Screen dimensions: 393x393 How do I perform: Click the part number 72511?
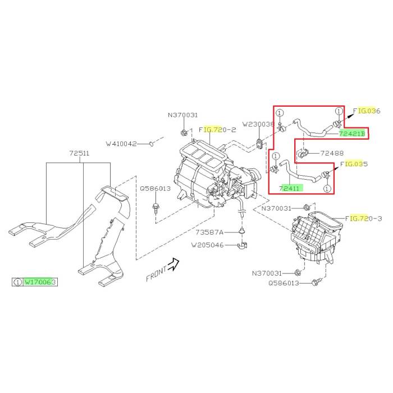(79, 153)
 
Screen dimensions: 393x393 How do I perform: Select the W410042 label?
(121, 144)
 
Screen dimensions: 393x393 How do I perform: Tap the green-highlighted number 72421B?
(352, 134)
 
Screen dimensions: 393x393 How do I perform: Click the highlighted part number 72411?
(290, 188)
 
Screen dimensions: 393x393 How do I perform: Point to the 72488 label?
(332, 153)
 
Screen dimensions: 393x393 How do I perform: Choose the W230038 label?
(258, 124)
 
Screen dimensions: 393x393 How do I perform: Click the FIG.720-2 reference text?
(217, 130)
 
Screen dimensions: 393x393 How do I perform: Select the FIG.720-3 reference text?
(363, 218)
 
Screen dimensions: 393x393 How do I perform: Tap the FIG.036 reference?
(367, 111)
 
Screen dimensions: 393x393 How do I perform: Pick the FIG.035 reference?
(354, 164)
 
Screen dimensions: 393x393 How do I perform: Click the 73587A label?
(209, 232)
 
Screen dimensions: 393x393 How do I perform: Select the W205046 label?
(208, 245)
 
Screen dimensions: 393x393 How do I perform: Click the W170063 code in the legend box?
(40, 282)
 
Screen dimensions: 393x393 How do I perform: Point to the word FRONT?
(157, 273)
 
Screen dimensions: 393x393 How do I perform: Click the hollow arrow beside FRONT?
(173, 264)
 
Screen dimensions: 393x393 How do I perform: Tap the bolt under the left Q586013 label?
(156, 208)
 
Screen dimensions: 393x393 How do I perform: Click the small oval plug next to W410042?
(151, 144)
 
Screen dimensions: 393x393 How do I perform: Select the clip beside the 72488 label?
(303, 153)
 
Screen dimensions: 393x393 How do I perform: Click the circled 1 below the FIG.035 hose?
(327, 189)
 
